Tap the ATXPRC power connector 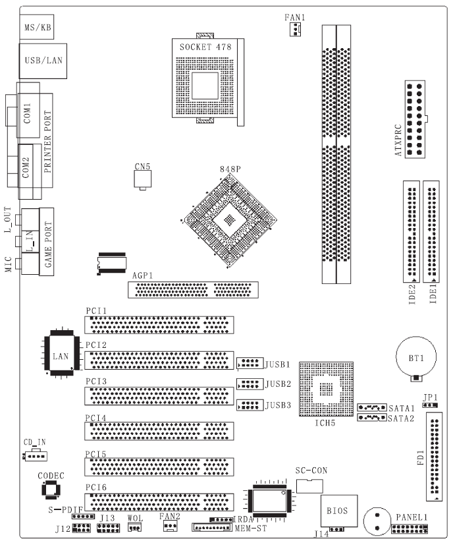(x=415, y=120)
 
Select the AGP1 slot (x=193, y=290)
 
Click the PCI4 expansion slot (x=158, y=431)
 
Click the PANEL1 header (x=409, y=530)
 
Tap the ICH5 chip (x=326, y=389)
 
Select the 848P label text (x=230, y=169)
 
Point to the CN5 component (x=143, y=180)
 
